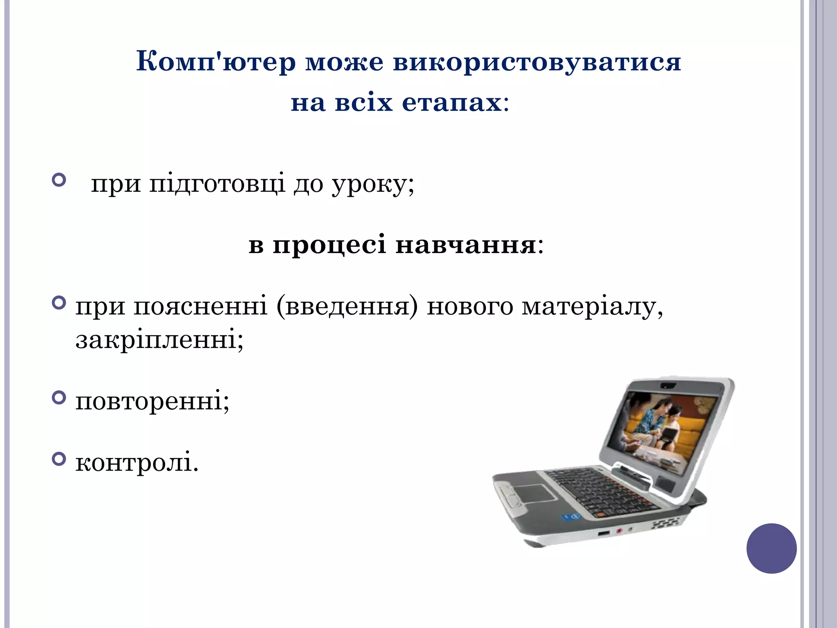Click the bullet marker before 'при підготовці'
coord(59,180)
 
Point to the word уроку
coord(372,184)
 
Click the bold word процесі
coord(329,245)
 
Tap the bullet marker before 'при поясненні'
coord(59,303)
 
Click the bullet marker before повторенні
coord(59,397)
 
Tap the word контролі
coord(137,463)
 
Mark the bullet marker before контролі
coord(59,459)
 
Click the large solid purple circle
coord(771,548)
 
